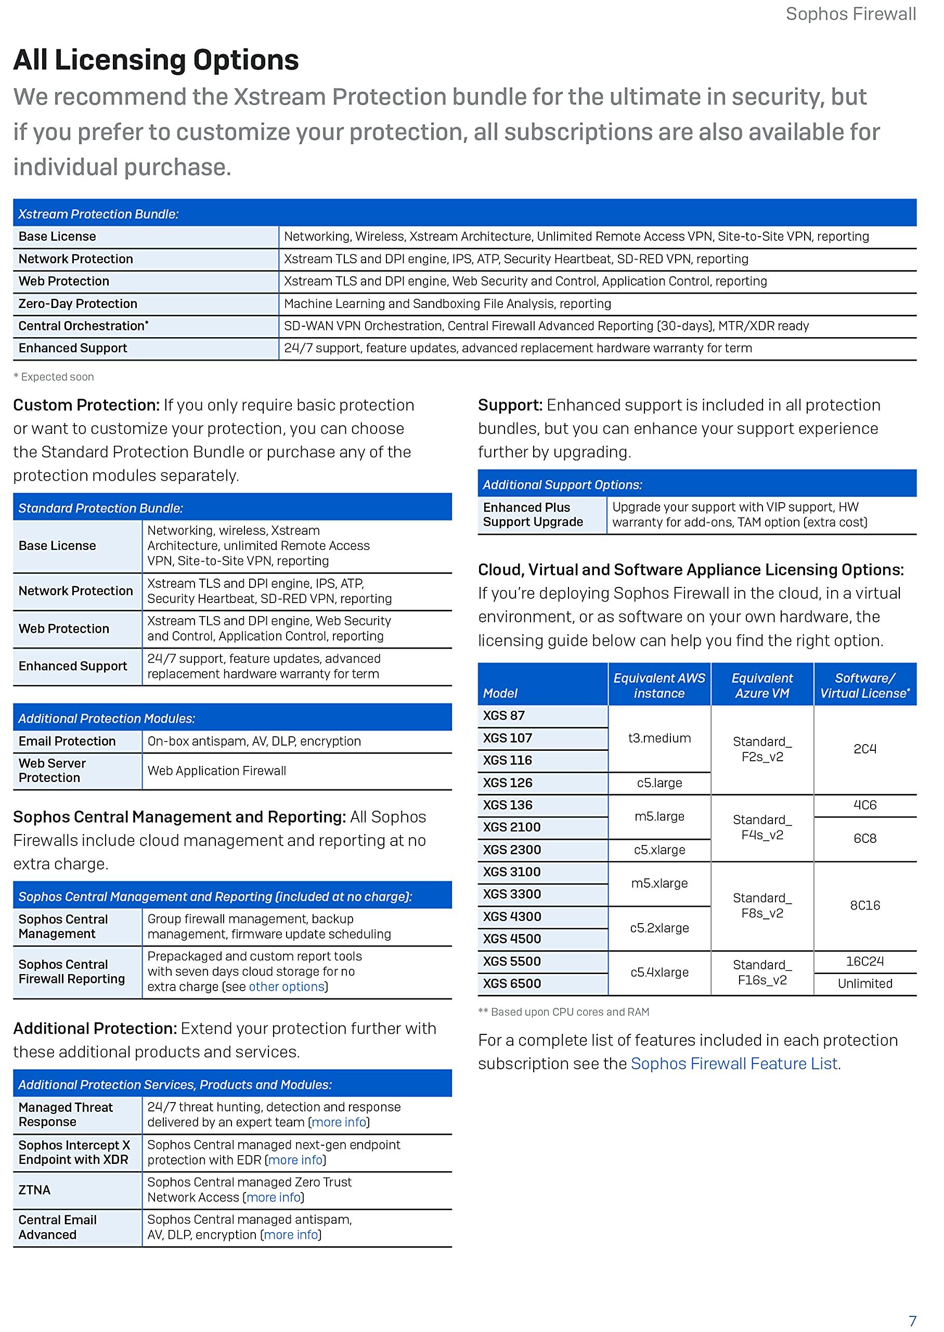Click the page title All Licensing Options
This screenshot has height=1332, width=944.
click(156, 60)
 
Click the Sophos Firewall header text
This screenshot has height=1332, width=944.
click(850, 14)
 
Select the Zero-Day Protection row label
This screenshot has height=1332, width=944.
click(78, 303)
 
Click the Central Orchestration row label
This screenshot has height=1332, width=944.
click(83, 326)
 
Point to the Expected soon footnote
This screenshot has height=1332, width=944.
click(54, 377)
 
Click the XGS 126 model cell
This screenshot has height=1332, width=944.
click(508, 783)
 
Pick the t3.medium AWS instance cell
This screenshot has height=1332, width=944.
click(659, 738)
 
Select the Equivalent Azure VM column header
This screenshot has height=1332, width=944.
click(761, 685)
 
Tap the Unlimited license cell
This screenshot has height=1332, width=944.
click(864, 983)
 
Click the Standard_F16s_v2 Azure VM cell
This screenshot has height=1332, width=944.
click(761, 972)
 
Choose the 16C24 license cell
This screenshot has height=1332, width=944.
click(864, 961)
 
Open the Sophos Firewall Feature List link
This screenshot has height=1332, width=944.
click(733, 1064)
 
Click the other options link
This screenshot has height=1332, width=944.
click(286, 987)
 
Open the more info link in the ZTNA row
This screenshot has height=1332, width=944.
click(273, 1197)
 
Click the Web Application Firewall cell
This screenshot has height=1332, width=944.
click(217, 771)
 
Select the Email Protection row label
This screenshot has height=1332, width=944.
click(67, 741)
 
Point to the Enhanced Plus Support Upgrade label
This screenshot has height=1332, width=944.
click(533, 515)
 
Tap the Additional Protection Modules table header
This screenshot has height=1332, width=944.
click(107, 718)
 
